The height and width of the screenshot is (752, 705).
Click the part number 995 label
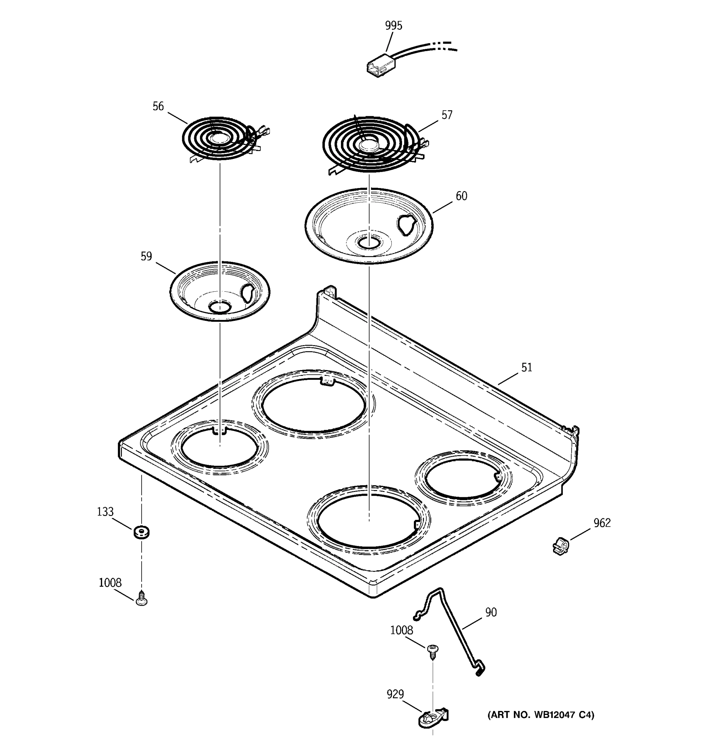[393, 26]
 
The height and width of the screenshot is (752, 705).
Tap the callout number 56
[158, 107]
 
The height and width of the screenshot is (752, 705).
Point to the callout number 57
[447, 115]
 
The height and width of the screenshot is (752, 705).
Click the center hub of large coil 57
[369, 145]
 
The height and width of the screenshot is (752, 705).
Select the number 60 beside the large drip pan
[461, 196]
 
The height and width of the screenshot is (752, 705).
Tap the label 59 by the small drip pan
[146, 257]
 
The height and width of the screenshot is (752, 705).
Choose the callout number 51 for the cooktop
[526, 367]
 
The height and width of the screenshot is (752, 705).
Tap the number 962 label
[602, 523]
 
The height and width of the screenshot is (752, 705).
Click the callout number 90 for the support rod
[491, 612]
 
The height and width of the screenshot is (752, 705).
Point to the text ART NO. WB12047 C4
[540, 715]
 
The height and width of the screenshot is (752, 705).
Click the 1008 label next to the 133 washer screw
[110, 582]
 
